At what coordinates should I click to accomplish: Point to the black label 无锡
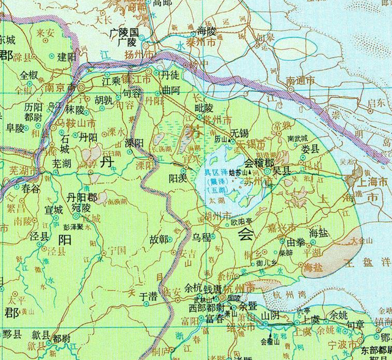tap(240, 133)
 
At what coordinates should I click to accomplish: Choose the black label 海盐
tap(320, 233)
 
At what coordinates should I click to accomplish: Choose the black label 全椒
tap(29, 75)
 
